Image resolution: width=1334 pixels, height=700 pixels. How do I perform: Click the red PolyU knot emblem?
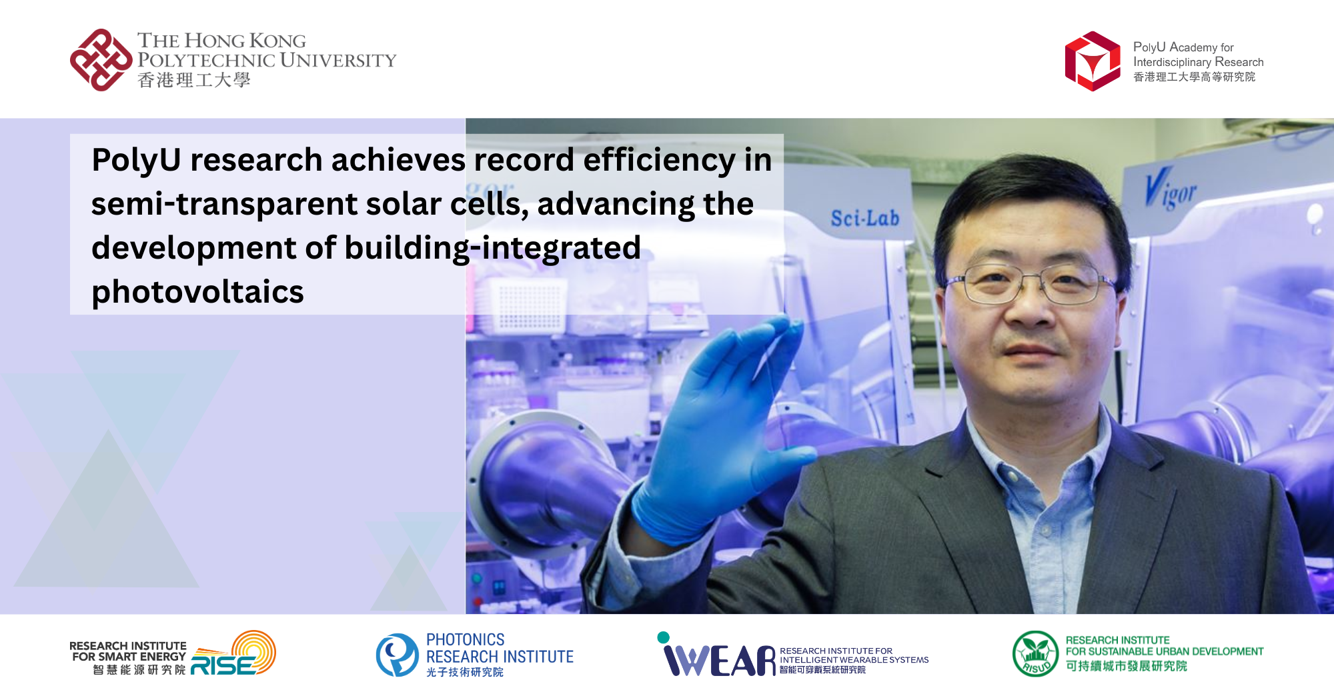point(101,60)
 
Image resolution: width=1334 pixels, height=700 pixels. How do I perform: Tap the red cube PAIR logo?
point(1092,61)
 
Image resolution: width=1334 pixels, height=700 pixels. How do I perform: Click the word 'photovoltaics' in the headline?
point(197,292)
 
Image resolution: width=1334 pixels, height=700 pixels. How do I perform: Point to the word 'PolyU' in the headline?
point(136,160)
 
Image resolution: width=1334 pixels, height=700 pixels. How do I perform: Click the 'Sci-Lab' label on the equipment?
point(864,218)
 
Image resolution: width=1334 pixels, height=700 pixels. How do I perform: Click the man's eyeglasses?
point(1031,283)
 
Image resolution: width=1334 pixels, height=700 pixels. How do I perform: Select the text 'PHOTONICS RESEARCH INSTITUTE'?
point(499,648)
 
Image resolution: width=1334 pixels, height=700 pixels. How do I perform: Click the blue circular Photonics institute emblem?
point(397,655)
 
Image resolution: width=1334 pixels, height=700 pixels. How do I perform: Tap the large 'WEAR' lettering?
point(720,660)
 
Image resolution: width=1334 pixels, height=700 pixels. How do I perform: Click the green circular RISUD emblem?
point(1035,654)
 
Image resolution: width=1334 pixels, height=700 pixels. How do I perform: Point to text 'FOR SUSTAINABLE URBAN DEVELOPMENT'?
point(1164,651)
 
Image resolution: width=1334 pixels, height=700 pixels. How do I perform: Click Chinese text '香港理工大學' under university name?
point(193,81)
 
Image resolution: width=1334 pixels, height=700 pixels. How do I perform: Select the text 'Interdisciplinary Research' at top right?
point(1198,62)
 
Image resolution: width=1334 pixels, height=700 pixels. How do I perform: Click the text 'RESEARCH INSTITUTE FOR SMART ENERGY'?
point(128,651)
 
